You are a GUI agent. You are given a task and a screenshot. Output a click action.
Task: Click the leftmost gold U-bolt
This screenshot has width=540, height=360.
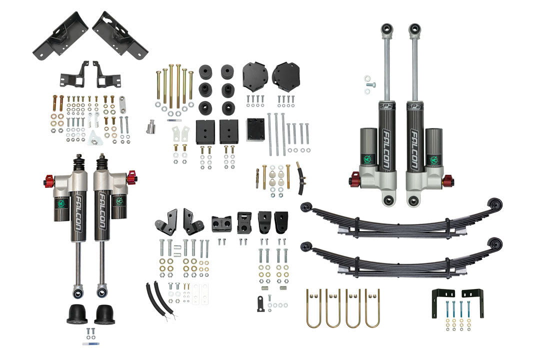pos(313,308)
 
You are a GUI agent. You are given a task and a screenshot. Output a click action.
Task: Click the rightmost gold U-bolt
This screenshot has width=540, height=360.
pos(372,308)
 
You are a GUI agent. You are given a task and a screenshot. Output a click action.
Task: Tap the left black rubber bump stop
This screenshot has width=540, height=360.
pos(77,313)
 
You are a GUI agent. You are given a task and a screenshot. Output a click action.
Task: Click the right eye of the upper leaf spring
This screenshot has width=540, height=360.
pos(495,203)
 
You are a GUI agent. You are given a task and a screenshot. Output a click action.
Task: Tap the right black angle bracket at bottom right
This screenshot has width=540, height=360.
pos(473,301)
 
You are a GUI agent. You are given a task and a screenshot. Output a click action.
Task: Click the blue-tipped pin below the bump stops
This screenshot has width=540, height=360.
pos(93,344)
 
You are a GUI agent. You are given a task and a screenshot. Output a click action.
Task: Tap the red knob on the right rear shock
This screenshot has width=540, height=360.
pos(447,179)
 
